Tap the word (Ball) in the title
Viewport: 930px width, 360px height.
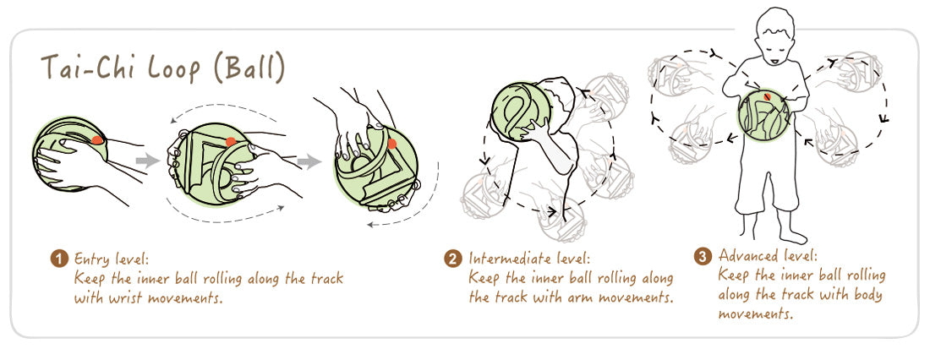(x=249, y=69)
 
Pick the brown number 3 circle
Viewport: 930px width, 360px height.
(x=703, y=257)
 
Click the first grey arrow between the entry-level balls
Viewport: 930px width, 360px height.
(x=148, y=160)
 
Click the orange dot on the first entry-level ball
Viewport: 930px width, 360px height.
(x=97, y=139)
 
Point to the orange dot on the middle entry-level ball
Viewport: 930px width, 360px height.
(x=232, y=141)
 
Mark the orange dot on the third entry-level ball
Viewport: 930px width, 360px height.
(x=391, y=143)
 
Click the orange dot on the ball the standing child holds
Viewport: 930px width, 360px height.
(x=767, y=96)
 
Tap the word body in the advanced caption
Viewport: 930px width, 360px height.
(x=867, y=295)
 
